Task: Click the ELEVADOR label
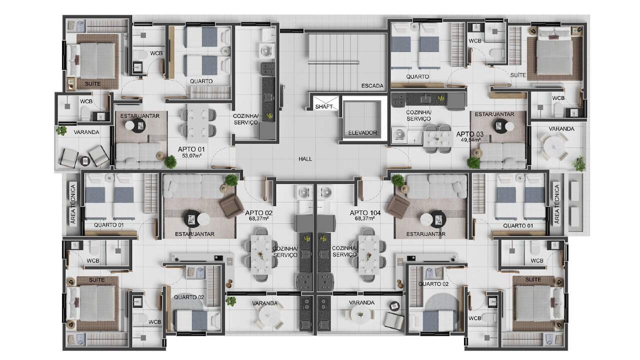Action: point(362,132)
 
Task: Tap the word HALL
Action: point(305,159)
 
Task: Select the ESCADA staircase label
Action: point(372,85)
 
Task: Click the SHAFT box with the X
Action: point(325,103)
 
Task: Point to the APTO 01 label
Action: point(191,149)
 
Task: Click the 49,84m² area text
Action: point(470,139)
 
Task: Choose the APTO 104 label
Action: point(365,213)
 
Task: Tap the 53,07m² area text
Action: point(191,155)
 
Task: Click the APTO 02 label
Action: point(259,213)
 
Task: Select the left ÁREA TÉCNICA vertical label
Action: point(73,204)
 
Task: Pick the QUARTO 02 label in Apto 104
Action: point(433,284)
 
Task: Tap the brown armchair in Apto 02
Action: point(231,205)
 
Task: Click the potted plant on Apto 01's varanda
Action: point(61,131)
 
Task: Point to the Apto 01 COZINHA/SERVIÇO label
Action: point(245,119)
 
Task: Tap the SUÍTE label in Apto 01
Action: point(93,84)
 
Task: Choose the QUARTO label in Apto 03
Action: point(417,76)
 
